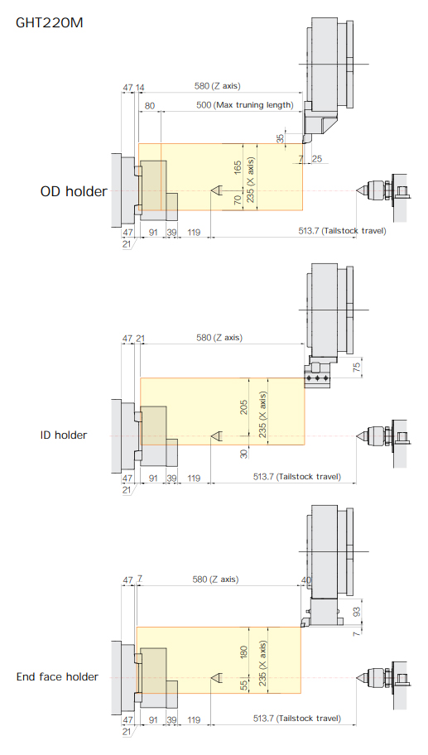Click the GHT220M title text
click(49, 22)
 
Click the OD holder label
click(74, 191)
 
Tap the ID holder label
click(64, 435)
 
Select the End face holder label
click(57, 676)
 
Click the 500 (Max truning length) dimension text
click(244, 105)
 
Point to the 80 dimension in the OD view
click(150, 105)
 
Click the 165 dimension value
click(238, 167)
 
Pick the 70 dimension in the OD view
click(238, 200)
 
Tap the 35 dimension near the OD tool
click(280, 139)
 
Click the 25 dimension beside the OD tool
click(317, 158)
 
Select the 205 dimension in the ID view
click(243, 407)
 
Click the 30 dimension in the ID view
click(243, 454)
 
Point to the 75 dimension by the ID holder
click(356, 367)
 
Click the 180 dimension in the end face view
click(243, 652)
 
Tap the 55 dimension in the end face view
click(243, 684)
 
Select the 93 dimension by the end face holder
click(356, 612)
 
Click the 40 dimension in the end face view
click(306, 580)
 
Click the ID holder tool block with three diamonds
click(317, 378)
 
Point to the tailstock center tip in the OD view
click(356, 190)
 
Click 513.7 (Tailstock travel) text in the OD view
click(342, 231)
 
